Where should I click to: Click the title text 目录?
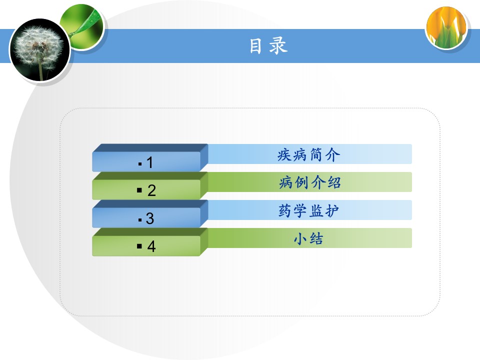click(268, 46)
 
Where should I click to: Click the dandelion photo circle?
click(40, 50)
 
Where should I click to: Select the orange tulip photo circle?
click(446, 28)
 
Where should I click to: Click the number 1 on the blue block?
click(149, 162)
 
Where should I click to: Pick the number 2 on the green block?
click(151, 190)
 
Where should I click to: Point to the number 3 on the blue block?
click(150, 218)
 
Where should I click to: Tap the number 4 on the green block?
click(151, 246)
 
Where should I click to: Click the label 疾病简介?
click(309, 154)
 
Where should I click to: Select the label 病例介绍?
click(310, 182)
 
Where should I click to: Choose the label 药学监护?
click(308, 210)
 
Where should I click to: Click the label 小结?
click(308, 238)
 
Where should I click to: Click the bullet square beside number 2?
click(139, 190)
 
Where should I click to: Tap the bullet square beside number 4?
click(139, 246)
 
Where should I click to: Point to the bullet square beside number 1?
click(140, 164)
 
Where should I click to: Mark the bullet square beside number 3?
click(140, 220)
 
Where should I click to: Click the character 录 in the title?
click(278, 46)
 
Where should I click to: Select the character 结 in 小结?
click(316, 238)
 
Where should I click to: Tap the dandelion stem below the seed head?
click(40, 70)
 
